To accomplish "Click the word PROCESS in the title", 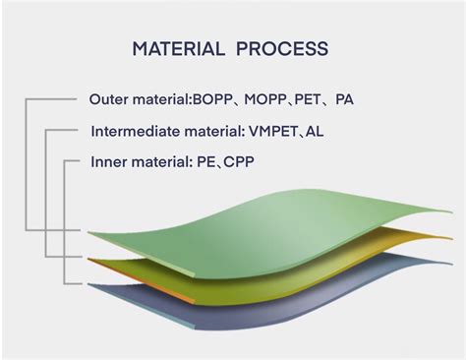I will tap(287, 48).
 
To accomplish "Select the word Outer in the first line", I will tap(109, 99).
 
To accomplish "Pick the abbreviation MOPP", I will tap(268, 99).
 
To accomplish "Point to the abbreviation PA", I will tap(344, 99).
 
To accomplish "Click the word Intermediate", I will tap(135, 130).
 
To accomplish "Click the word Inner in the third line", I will tap(109, 160).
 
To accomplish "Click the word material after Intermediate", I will tap(218, 130).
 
